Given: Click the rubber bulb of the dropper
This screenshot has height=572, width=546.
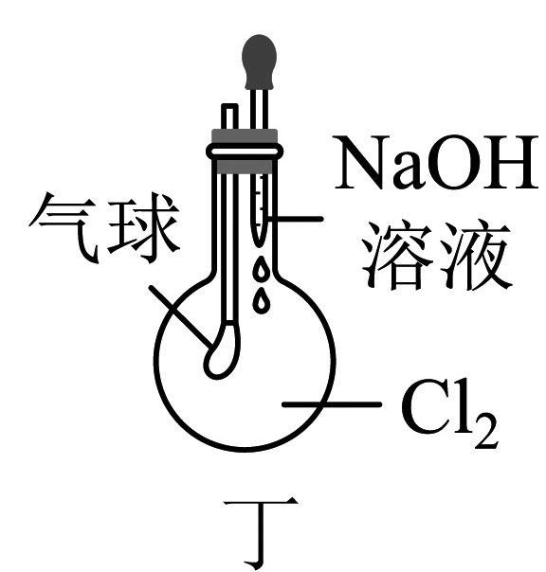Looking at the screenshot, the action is [x=259, y=62].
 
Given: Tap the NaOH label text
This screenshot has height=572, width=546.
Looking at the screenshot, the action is [x=436, y=162].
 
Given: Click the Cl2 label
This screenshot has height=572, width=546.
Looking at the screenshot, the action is [x=450, y=414].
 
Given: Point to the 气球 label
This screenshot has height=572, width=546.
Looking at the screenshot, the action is [x=103, y=227].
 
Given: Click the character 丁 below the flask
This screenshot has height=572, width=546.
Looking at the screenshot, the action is [x=261, y=531].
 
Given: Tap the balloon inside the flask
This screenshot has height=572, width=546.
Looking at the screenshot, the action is [x=221, y=350].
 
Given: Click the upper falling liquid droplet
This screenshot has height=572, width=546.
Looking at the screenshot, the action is [x=261, y=271].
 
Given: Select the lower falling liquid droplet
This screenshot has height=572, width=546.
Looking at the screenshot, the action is [x=261, y=300].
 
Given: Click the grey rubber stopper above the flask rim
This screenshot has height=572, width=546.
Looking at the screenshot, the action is [x=245, y=136].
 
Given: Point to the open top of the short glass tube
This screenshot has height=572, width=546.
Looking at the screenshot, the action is [x=229, y=106].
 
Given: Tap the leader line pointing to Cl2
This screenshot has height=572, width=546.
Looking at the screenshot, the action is [x=332, y=404].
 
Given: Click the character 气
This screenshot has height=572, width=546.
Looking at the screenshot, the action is [x=64, y=227].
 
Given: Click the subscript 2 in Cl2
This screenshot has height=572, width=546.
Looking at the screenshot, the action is [x=486, y=431].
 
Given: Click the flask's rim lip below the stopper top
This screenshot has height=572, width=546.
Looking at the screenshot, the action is [x=245, y=152].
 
